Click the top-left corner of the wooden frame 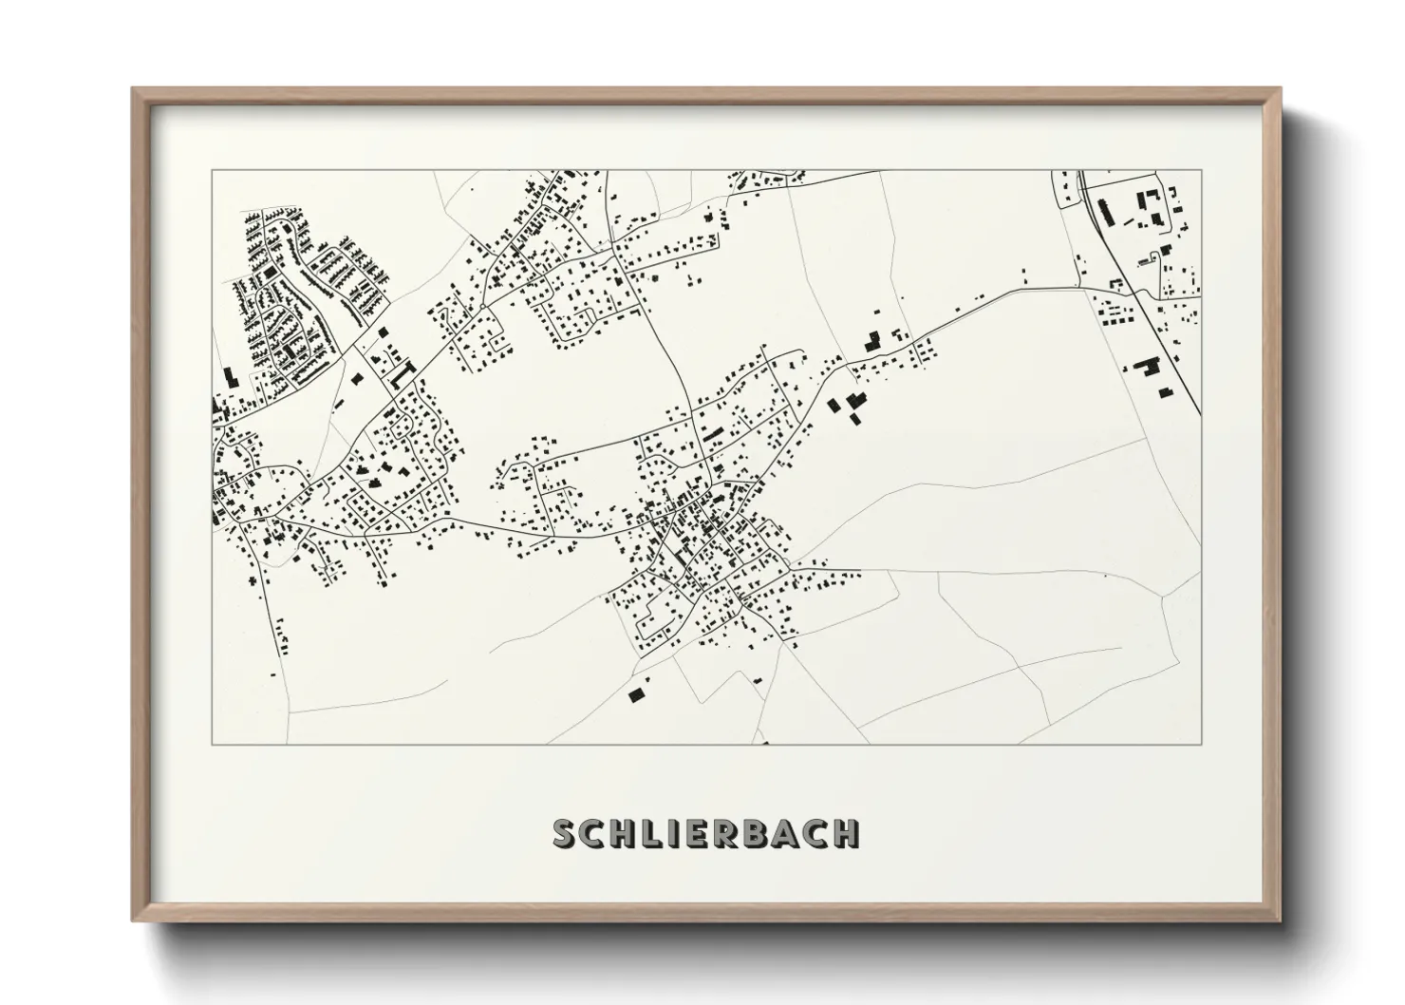point(133,89)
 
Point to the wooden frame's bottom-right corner point(1280,921)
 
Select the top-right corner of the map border point(1201,170)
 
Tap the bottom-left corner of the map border point(211,745)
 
